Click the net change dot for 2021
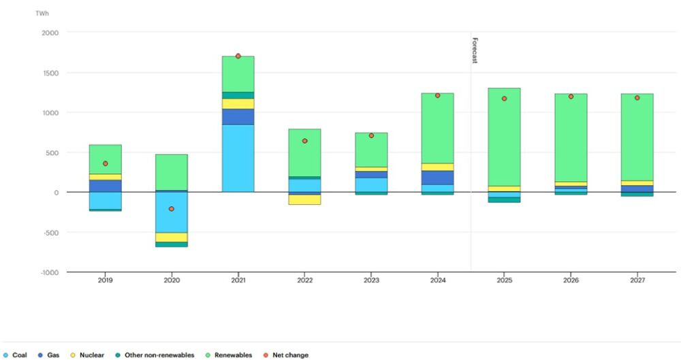(x=238, y=56)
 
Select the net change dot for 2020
(x=172, y=209)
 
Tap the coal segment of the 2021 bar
(x=238, y=158)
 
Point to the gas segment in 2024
(x=438, y=177)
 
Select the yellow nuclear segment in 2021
(x=238, y=103)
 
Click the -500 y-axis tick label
(x=50, y=232)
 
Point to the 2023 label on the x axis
(x=372, y=280)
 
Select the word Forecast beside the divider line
(x=475, y=50)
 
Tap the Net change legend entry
(x=290, y=355)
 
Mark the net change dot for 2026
(x=571, y=97)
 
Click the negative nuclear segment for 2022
(x=304, y=199)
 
